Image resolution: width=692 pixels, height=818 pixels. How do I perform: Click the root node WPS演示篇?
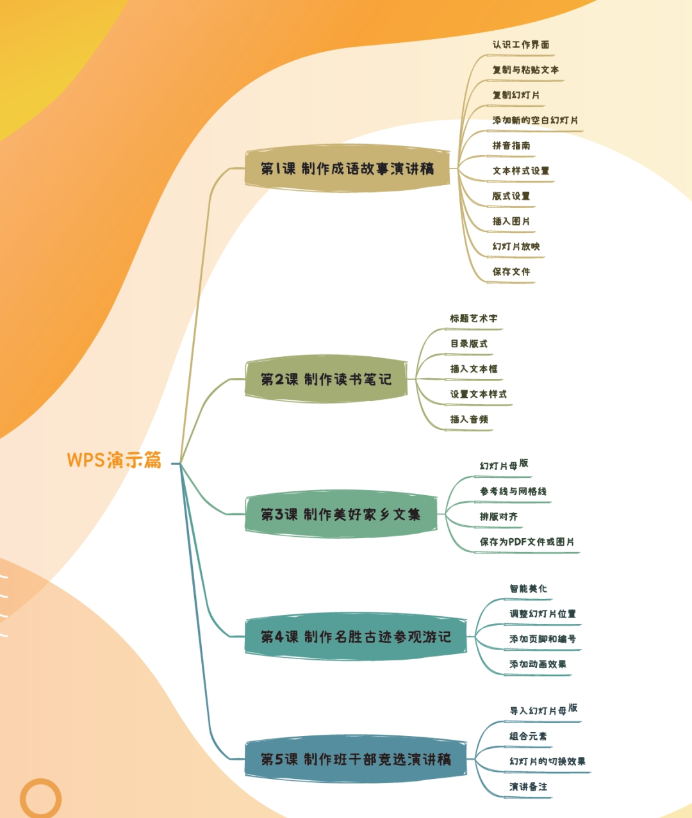(114, 460)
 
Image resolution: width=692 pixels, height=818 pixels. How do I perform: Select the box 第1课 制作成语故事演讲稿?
(347, 168)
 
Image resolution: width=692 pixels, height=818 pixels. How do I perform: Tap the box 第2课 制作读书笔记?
(326, 379)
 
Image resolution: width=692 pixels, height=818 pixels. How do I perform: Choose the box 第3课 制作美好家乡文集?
(341, 514)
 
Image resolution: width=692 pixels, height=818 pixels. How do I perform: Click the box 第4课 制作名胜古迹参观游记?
(356, 637)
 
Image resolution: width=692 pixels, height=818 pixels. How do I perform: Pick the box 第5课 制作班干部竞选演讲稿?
(356, 759)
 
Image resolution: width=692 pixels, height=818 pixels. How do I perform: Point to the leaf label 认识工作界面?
(520, 45)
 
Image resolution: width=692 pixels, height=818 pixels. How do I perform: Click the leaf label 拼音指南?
(511, 145)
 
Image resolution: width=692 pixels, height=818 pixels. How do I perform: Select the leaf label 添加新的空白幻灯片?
(535, 120)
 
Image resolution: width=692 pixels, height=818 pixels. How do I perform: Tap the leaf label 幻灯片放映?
(516, 247)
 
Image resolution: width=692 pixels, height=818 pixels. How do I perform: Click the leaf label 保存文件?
(511, 272)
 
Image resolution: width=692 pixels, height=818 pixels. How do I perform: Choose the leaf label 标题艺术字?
(473, 318)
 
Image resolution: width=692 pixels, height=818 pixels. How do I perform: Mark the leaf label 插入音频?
(468, 420)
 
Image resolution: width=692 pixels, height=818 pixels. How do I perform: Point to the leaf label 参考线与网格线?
(513, 491)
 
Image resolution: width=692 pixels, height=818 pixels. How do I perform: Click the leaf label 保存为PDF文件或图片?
(527, 542)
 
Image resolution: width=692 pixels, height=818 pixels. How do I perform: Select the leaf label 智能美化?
(528, 589)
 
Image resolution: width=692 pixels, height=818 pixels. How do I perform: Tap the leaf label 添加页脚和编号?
(542, 639)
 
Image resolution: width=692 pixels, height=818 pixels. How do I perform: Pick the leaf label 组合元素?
(528, 736)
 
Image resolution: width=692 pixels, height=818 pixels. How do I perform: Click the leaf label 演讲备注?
(528, 787)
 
